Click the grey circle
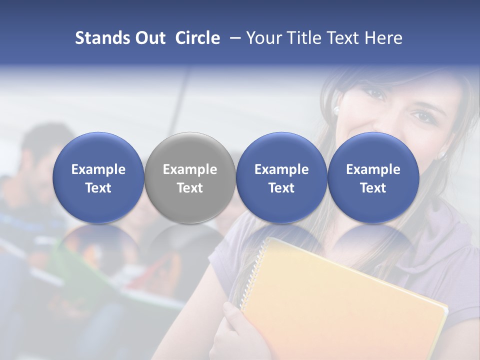(x=190, y=177)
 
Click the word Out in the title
(x=149, y=38)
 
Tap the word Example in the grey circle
(x=190, y=169)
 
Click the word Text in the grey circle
(x=190, y=188)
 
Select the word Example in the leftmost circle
(x=98, y=169)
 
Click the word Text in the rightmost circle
(x=373, y=188)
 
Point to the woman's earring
(x=336, y=109)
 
